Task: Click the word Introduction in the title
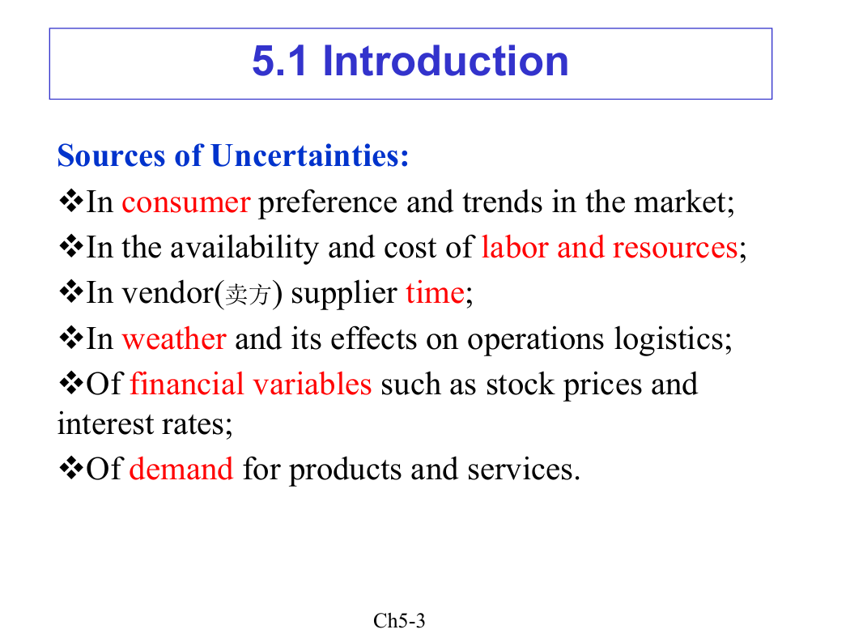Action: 445,61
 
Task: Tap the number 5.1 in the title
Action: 280,61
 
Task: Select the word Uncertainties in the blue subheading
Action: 309,155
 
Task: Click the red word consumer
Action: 186,202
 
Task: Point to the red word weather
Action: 174,338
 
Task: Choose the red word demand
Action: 181,469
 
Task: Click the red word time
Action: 435,293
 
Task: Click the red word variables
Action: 312,385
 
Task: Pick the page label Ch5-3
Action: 399,621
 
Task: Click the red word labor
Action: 515,248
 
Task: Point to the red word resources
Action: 675,249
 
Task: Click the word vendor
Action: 168,293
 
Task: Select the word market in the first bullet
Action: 681,202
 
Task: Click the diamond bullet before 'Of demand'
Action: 71,468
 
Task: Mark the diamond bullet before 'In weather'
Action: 71,338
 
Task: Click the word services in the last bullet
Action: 520,470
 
